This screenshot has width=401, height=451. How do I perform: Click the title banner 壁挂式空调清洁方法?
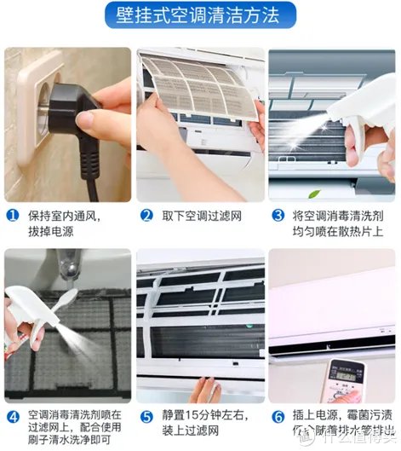tap(200, 15)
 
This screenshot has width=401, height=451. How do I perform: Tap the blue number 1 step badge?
tap(12, 216)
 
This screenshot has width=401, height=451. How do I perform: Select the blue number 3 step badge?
tap(278, 216)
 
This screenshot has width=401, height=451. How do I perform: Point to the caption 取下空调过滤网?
tap(200, 216)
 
